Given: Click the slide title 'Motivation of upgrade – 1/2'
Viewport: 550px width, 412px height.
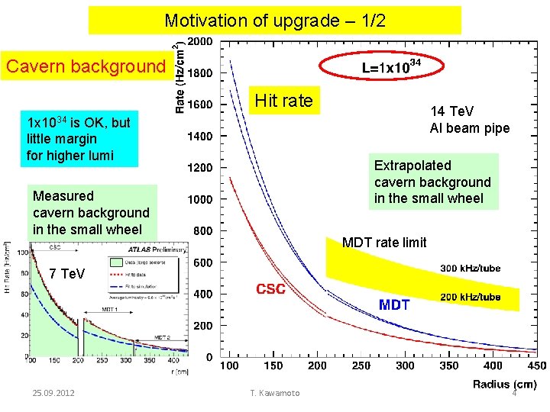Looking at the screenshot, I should (x=275, y=21).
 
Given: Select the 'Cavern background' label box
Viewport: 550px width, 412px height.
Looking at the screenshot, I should (x=86, y=66).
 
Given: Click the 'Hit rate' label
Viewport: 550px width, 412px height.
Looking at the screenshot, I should (x=283, y=100).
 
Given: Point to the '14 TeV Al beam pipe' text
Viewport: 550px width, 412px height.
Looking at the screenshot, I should (x=469, y=120).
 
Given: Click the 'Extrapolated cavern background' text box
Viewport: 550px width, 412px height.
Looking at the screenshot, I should (x=432, y=182).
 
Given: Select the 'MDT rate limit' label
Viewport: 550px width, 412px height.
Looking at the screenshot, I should (x=384, y=243).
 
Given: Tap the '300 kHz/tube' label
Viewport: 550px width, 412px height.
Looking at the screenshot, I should (x=471, y=269).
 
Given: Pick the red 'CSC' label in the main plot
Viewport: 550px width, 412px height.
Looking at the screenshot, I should (x=271, y=289).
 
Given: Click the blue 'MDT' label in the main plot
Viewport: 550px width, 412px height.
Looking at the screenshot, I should (x=394, y=305).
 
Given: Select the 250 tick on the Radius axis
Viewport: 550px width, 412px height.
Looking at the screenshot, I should (x=361, y=366).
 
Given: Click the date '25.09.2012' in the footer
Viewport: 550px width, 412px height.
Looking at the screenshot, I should (x=54, y=392).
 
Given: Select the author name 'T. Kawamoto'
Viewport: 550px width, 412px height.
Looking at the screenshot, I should (x=275, y=392).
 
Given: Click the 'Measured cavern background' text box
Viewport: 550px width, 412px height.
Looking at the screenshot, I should (x=91, y=212).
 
